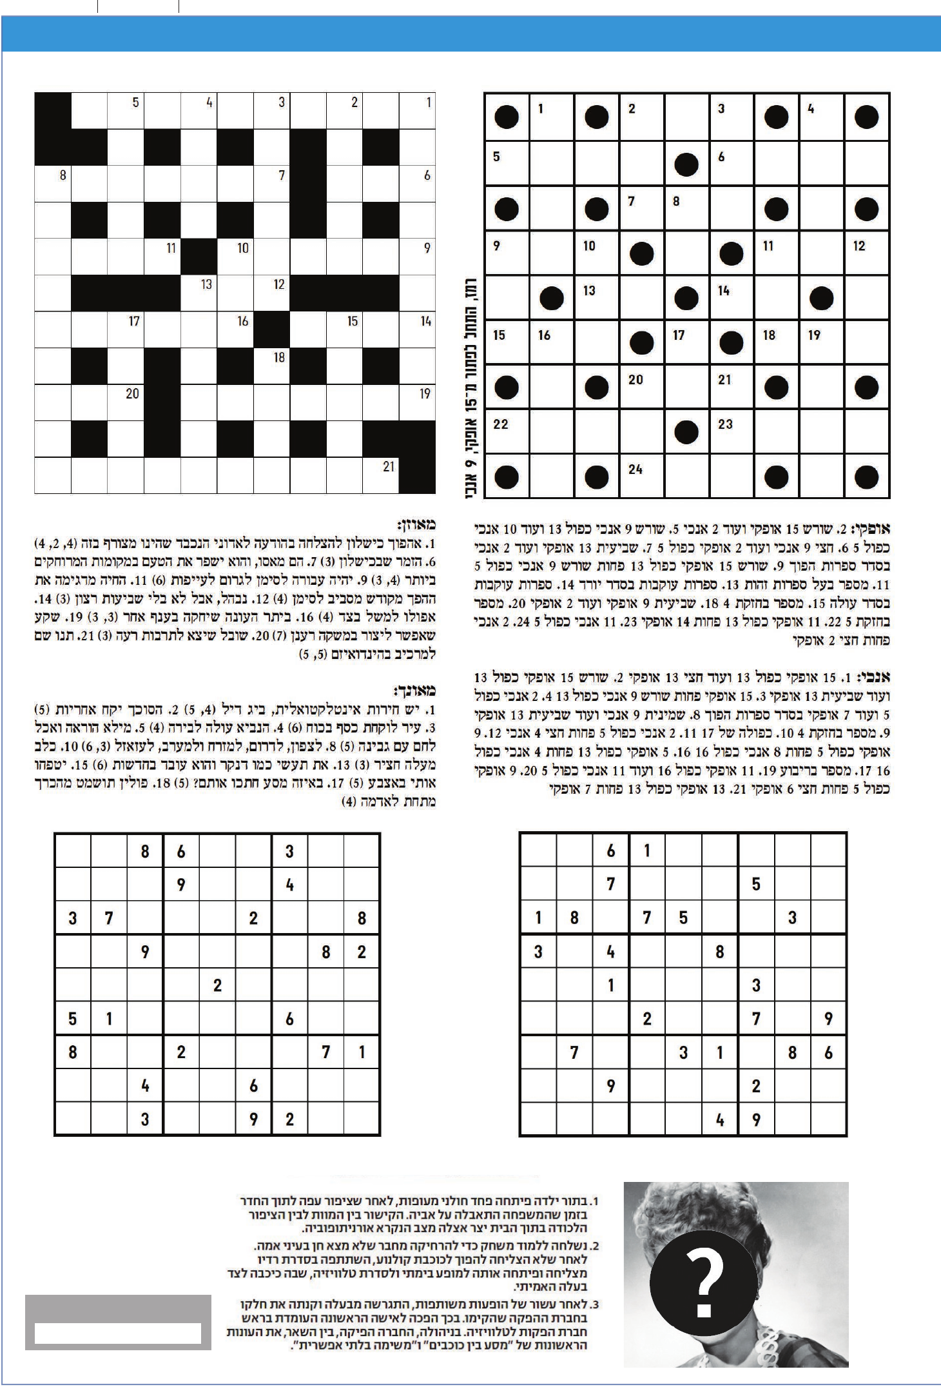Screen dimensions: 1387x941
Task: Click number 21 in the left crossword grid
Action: coord(388,466)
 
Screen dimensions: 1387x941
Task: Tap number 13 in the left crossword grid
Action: coord(206,284)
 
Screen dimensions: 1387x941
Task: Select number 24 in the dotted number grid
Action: coord(635,469)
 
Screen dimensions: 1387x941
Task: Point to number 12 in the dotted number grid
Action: coord(859,246)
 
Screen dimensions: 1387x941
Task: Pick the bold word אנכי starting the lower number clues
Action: coord(875,678)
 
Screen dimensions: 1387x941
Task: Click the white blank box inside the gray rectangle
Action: coord(118,1333)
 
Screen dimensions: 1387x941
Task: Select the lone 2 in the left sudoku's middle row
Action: coord(217,985)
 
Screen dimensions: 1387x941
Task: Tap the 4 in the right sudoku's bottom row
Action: coord(720,1120)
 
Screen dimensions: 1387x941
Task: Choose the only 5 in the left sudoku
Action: coord(72,1019)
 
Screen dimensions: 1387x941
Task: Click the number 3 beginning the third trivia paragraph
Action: coord(596,1304)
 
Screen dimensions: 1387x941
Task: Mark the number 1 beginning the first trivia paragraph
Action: coord(594,1201)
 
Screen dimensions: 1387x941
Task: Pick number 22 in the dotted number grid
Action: coord(501,424)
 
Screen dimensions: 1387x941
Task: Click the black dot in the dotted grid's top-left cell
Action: coord(506,117)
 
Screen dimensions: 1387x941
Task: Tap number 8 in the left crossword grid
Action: coord(63,175)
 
